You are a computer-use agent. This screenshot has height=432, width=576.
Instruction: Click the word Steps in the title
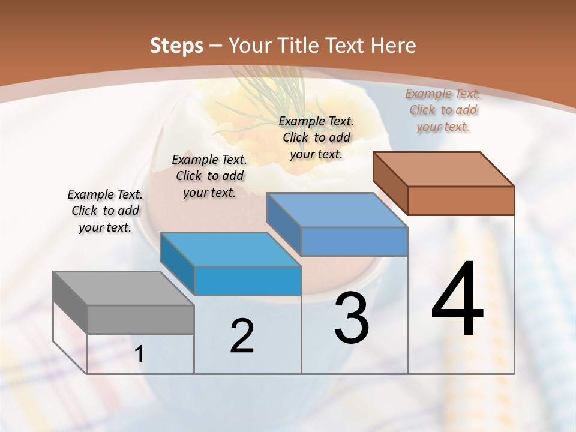(176, 46)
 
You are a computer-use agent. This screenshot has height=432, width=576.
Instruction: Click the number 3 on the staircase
(352, 318)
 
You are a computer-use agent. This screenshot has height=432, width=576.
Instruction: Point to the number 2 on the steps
(242, 336)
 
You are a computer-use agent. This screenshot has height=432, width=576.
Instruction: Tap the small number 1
(139, 355)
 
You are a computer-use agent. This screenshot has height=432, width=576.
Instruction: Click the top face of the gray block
(123, 289)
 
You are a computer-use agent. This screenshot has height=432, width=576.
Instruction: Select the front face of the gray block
(141, 320)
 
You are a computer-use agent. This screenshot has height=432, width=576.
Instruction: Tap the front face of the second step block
(248, 281)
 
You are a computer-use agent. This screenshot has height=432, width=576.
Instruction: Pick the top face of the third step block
(337, 210)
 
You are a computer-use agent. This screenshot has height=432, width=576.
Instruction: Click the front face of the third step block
(354, 241)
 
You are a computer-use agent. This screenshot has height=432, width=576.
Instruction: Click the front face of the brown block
(461, 200)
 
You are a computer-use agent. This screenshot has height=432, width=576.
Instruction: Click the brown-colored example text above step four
(443, 110)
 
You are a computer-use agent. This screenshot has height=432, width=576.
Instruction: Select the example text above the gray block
(105, 211)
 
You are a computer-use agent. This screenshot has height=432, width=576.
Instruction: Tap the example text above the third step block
(316, 137)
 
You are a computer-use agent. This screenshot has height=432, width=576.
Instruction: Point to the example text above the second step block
(209, 176)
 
